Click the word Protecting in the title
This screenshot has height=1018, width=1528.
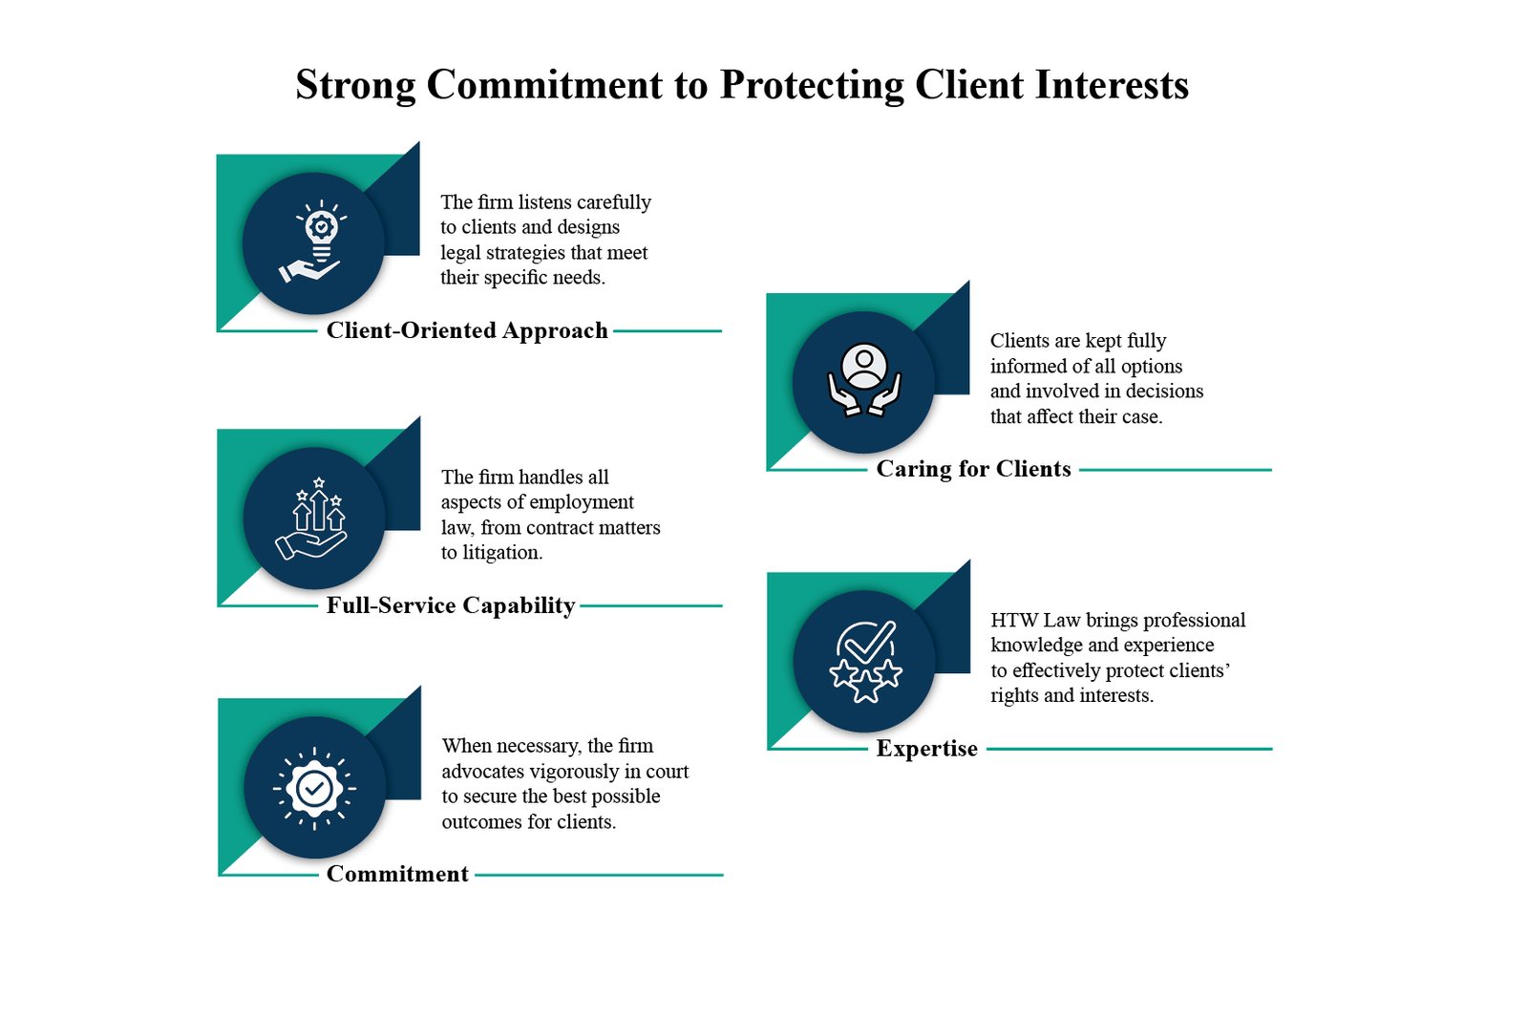(811, 85)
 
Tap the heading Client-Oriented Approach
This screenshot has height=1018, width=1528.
(467, 330)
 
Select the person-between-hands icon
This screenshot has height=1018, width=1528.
(864, 380)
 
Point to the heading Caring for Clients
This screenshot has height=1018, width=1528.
(973, 469)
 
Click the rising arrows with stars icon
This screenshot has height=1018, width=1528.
(314, 518)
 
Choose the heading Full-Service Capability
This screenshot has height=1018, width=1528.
(451, 605)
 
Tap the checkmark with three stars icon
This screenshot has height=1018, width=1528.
(865, 660)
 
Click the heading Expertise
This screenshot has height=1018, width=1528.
(926, 749)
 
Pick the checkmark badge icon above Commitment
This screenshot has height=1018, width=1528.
(314, 788)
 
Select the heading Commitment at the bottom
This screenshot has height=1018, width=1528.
(397, 874)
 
